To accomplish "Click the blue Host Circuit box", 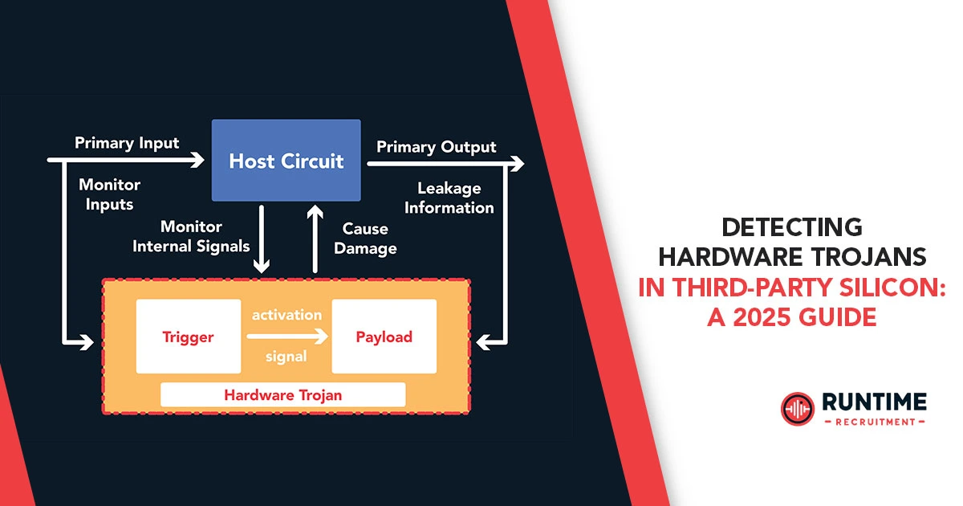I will point(286,160).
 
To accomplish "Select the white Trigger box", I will point(189,337).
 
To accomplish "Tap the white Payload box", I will point(384,337).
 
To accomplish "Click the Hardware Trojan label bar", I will point(282,394).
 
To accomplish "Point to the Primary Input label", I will point(127,143).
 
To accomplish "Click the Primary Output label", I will point(436,147).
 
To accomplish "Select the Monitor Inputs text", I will point(109,194).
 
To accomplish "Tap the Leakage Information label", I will point(449,198).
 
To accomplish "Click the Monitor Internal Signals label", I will point(191,237).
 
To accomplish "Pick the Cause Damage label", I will point(365,239).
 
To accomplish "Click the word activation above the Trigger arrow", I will point(286,314).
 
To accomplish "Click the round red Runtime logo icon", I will point(797,409).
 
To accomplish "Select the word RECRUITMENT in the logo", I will point(874,422).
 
